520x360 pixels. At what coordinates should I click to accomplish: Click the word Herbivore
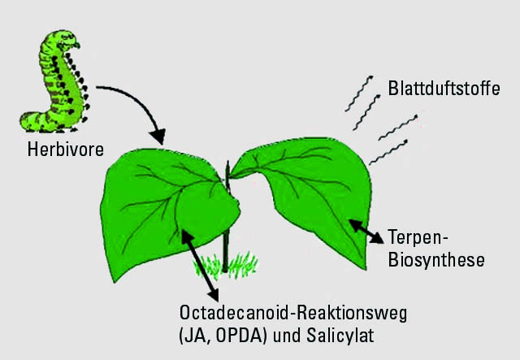pyautogui.click(x=65, y=150)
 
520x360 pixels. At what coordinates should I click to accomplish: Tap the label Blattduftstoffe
pyautogui.click(x=444, y=89)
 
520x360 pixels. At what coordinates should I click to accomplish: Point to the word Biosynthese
pyautogui.click(x=436, y=259)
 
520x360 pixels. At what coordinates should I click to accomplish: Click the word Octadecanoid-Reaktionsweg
pyautogui.click(x=293, y=314)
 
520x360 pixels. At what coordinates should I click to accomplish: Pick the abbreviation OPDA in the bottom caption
pyautogui.click(x=238, y=336)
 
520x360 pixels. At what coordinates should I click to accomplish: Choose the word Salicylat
pyautogui.click(x=340, y=336)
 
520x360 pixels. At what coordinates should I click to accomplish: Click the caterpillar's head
pyautogui.click(x=68, y=41)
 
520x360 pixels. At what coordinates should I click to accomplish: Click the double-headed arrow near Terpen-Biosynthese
pyautogui.click(x=366, y=232)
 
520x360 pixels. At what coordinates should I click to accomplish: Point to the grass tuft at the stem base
pyautogui.click(x=225, y=265)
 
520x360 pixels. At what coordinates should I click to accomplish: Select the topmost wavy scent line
pyautogui.click(x=359, y=93)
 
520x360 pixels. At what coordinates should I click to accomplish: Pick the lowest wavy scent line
pyautogui.click(x=388, y=152)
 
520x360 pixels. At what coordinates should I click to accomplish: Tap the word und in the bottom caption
pyautogui.click(x=286, y=336)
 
